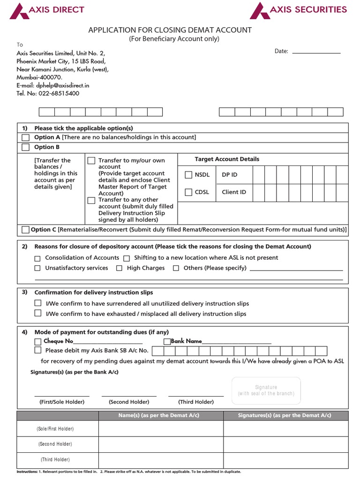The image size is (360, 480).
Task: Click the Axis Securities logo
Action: (298, 10)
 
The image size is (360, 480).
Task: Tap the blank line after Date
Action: (316, 52)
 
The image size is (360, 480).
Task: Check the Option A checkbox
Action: (25, 137)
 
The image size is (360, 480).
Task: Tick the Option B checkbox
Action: (25, 147)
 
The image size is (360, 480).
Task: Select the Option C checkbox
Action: (25, 230)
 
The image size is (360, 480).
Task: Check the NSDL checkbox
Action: (188, 175)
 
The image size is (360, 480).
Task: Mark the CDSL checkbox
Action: (188, 192)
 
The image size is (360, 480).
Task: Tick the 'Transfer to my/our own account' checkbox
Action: (91, 161)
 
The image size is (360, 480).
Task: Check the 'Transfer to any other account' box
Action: (91, 200)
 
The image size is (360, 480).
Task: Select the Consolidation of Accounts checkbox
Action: (37, 258)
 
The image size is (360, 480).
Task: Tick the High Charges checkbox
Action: (119, 268)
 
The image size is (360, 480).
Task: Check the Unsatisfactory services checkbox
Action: (37, 268)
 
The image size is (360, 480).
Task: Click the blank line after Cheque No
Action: (108, 342)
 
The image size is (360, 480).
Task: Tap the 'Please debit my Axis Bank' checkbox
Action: (37, 350)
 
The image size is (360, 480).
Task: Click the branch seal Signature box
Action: (266, 390)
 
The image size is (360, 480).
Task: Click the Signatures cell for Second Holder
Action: (285, 444)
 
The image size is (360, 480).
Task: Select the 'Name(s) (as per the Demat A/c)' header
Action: (161, 415)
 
